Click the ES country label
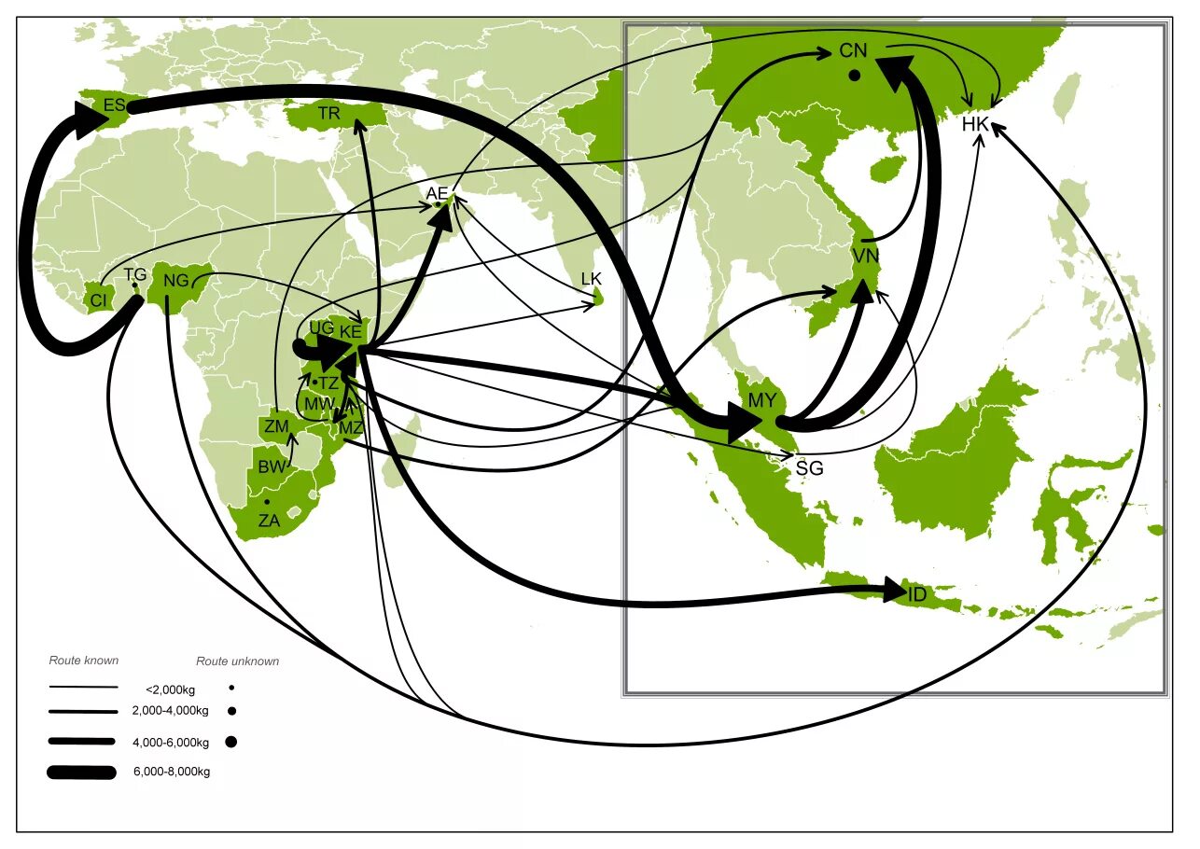pyautogui.click(x=114, y=105)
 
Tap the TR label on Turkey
pyautogui.click(x=328, y=114)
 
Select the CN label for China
pyautogui.click(x=853, y=51)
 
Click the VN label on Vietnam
pyautogui.click(x=865, y=255)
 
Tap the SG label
pyautogui.click(x=809, y=468)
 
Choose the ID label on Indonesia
pyautogui.click(x=917, y=594)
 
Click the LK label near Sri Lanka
pyautogui.click(x=592, y=279)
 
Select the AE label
pyautogui.click(x=437, y=193)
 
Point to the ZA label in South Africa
pyautogui.click(x=269, y=522)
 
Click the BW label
pyautogui.click(x=272, y=466)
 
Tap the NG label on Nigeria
pyautogui.click(x=176, y=280)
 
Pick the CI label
pyautogui.click(x=97, y=300)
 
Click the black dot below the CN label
pyautogui.click(x=854, y=76)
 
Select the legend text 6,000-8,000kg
pyautogui.click(x=172, y=772)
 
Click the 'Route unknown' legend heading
pyautogui.click(x=237, y=661)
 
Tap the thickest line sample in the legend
pyautogui.click(x=82, y=772)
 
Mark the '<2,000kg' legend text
pyautogui.click(x=170, y=689)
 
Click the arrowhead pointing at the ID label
pyautogui.click(x=894, y=591)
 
